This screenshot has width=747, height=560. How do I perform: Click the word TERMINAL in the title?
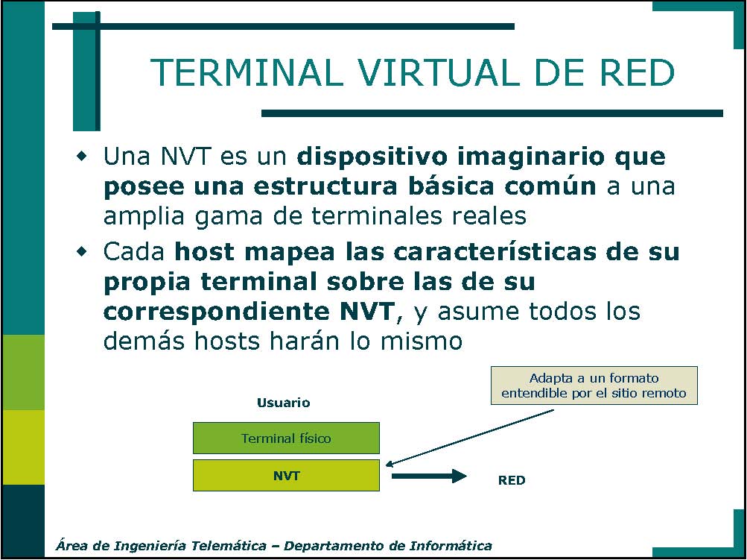coord(247,72)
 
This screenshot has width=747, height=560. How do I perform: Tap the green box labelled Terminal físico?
coord(286,438)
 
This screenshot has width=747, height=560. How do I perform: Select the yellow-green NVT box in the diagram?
coord(286,475)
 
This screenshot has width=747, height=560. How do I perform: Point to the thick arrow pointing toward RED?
coord(429,476)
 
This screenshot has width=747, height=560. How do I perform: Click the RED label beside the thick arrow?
coord(512,480)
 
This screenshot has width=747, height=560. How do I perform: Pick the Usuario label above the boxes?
coord(284,403)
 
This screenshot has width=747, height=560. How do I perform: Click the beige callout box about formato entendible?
coord(594,386)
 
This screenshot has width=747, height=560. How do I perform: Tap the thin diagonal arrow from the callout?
coord(470,437)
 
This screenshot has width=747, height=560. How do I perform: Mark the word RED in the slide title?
coord(637,72)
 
